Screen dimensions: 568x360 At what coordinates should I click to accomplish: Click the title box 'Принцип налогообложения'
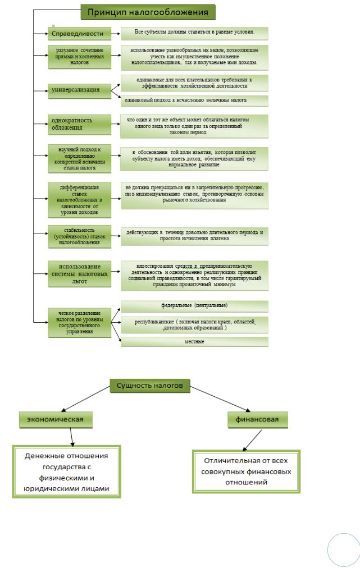pos(148,11)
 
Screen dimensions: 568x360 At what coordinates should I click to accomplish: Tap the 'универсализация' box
pos(80,90)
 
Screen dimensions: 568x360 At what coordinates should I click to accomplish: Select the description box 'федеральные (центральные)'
pos(194,306)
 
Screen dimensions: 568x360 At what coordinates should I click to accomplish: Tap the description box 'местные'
pos(194,341)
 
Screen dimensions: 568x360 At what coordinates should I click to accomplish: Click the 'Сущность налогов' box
pos(149,386)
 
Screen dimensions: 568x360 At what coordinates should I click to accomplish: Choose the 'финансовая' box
pos(258,419)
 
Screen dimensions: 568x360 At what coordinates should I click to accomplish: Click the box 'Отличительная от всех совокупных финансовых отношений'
pos(246,471)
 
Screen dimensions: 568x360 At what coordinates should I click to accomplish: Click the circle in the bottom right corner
pos(343,550)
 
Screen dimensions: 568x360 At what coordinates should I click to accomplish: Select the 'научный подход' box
pos(79,158)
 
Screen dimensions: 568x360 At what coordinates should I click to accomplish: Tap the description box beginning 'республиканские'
pos(194,324)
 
